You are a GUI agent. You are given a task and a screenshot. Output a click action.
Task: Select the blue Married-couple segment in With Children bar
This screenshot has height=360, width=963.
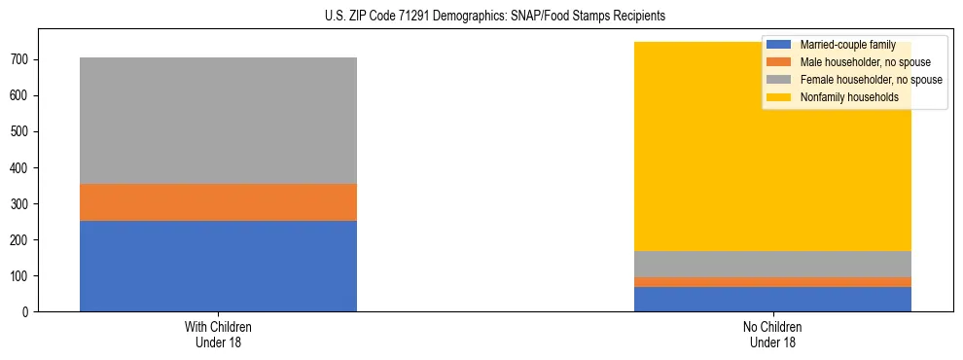tap(218, 266)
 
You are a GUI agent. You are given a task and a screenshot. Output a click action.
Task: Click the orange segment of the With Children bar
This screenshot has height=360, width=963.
tap(218, 202)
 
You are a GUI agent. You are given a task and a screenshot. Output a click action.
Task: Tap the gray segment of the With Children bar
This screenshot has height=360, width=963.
tap(218, 121)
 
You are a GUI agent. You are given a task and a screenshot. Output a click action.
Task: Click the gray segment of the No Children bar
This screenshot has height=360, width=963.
tap(772, 264)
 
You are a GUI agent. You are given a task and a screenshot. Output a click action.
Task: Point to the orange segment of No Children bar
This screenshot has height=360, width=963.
tap(772, 282)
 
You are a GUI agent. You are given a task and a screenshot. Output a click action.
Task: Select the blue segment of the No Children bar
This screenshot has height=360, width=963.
tap(772, 299)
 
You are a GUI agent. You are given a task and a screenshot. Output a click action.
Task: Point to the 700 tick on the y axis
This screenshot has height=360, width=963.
tap(19, 60)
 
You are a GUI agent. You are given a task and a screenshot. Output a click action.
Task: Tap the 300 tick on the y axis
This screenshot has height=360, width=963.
tap(19, 204)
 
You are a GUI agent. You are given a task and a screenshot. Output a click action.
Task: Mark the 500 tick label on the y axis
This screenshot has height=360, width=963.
tap(19, 132)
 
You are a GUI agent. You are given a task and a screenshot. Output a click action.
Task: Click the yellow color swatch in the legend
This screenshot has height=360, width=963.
tap(779, 97)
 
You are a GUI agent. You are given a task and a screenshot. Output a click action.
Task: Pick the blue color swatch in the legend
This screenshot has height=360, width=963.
tap(779, 45)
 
